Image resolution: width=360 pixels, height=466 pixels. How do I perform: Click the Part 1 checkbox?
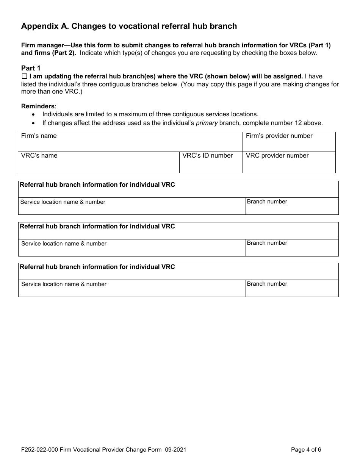click(x=24, y=77)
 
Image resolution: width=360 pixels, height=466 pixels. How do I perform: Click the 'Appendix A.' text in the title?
click(x=45, y=26)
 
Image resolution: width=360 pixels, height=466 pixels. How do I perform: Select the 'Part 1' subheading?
click(x=31, y=68)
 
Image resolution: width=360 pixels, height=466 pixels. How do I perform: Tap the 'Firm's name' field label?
click(x=39, y=136)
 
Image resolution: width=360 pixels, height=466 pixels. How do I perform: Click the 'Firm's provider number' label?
click(x=279, y=136)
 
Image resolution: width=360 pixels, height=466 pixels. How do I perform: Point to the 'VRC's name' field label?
click(x=39, y=156)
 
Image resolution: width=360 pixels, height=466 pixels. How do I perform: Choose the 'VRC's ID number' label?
click(x=207, y=156)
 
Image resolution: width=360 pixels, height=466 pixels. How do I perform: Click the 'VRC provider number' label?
click(x=277, y=156)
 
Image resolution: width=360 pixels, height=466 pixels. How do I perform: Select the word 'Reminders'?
click(x=38, y=106)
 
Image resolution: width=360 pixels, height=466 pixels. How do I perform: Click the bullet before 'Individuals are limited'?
click(x=34, y=114)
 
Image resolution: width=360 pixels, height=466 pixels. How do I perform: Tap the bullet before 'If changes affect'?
click(x=34, y=123)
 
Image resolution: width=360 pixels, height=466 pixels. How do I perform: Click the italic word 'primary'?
click(x=207, y=123)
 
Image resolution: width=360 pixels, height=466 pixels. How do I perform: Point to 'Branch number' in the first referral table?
click(x=267, y=202)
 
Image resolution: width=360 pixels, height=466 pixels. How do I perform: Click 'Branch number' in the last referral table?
click(x=267, y=284)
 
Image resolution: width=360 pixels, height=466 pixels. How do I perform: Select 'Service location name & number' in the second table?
click(x=64, y=244)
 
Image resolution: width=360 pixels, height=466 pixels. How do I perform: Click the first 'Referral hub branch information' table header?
click(x=97, y=185)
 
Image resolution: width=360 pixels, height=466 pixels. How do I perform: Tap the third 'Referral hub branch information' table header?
click(x=97, y=267)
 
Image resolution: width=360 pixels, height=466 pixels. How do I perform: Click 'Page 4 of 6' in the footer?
click(x=306, y=450)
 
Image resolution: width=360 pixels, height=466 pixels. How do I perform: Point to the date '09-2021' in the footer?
click(x=176, y=450)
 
